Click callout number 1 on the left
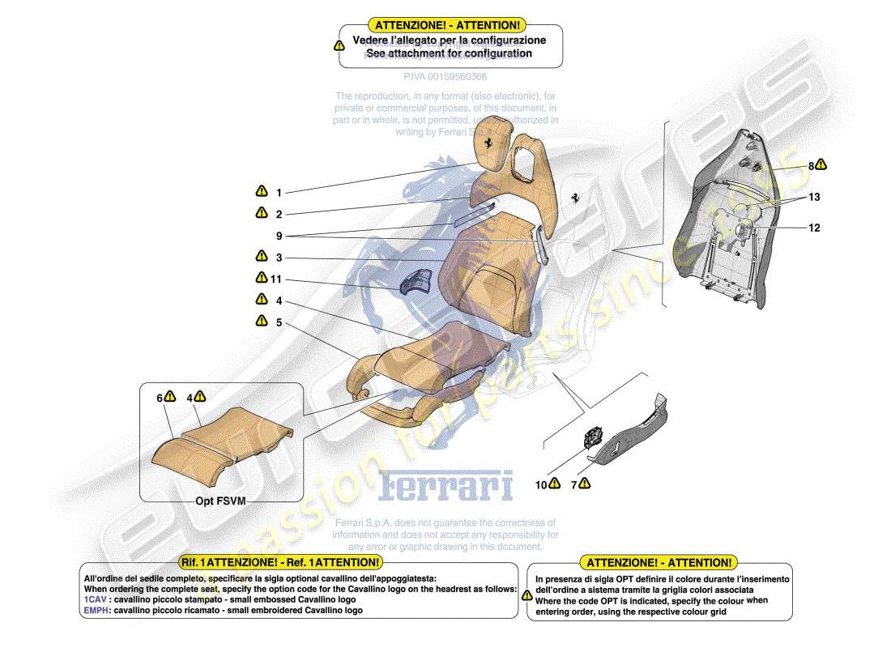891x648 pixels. pyautogui.click(x=279, y=193)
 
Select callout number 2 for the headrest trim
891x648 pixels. pyautogui.click(x=279, y=215)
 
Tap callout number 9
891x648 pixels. pyautogui.click(x=279, y=237)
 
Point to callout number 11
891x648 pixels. pyautogui.click(x=276, y=279)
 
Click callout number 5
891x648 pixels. pyautogui.click(x=279, y=322)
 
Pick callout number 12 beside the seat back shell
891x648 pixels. pyautogui.click(x=813, y=228)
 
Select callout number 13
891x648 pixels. pyautogui.click(x=813, y=197)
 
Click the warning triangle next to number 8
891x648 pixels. pyautogui.click(x=821, y=165)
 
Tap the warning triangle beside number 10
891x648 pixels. pyautogui.click(x=554, y=484)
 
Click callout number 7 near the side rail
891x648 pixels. pyautogui.click(x=574, y=485)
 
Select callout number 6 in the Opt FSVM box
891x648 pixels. pyautogui.click(x=160, y=398)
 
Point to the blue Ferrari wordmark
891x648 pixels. pyautogui.click(x=446, y=486)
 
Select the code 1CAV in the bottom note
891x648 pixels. pyautogui.click(x=93, y=599)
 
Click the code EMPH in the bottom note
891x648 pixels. pyautogui.click(x=95, y=611)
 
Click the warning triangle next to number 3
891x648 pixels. pyautogui.click(x=262, y=256)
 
